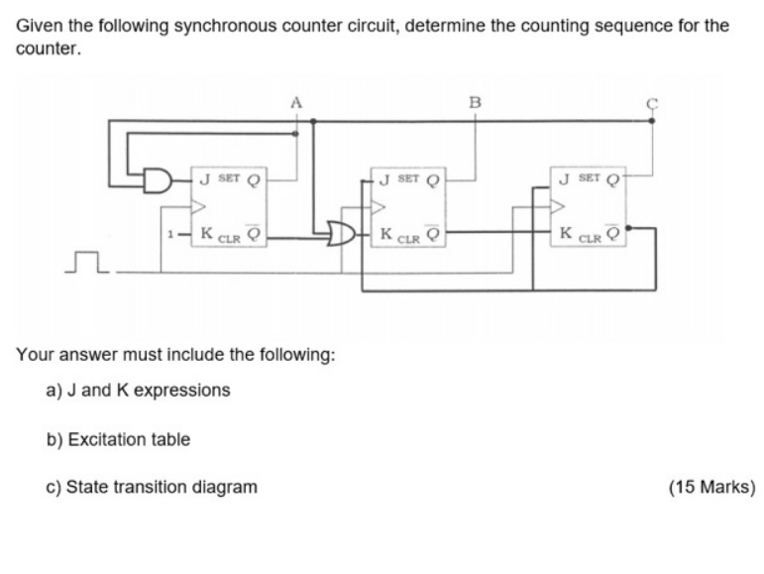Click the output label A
coord(296,100)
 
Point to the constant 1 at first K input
coord(171,236)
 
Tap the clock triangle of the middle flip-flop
coord(378,208)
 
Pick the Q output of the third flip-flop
coord(613,181)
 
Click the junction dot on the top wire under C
coord(652,120)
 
